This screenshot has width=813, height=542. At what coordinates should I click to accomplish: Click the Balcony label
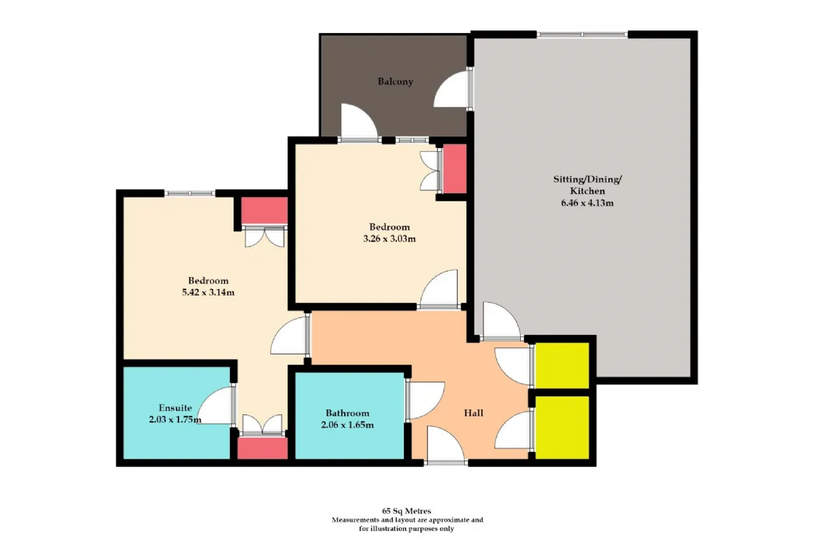point(395,81)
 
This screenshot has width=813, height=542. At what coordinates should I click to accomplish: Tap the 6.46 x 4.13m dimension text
point(588,203)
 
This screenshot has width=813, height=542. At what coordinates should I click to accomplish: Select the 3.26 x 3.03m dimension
point(389,239)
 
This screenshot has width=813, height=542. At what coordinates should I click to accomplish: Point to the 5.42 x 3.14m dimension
point(208,292)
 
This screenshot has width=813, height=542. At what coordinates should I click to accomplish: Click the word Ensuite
point(175,408)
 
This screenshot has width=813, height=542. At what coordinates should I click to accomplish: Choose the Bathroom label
point(347,413)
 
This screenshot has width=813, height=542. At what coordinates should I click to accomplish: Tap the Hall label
point(474,413)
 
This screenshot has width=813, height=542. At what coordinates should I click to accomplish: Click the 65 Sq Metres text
point(406,511)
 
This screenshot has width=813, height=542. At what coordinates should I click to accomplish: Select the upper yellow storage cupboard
point(562,365)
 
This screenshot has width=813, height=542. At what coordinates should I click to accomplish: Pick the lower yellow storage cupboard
point(562,428)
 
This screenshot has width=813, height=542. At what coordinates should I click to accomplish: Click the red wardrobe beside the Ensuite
point(262,449)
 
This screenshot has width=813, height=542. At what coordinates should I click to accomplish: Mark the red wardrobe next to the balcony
point(455,169)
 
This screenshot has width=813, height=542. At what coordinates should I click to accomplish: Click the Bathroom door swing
point(426,401)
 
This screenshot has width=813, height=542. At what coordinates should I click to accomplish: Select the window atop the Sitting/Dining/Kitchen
point(582,35)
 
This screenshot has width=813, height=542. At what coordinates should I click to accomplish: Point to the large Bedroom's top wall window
point(190,193)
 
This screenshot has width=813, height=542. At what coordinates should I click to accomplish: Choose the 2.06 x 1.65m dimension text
point(347,424)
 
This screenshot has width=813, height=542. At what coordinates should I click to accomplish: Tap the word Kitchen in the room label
point(588,191)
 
